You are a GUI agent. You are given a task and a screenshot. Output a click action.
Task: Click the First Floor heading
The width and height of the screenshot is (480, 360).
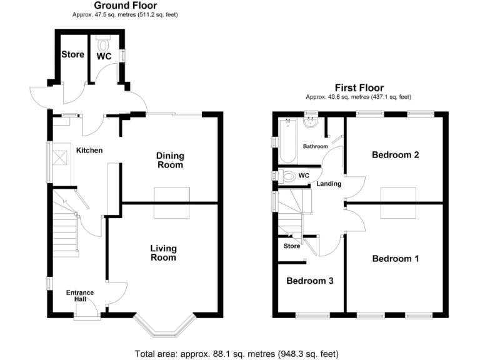coord(359,88)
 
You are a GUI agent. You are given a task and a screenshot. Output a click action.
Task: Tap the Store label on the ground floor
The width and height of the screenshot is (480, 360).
coord(72,54)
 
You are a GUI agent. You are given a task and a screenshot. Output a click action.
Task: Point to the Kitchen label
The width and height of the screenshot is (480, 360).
coord(89,151)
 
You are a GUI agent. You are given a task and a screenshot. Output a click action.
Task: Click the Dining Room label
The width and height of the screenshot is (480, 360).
coord(169,161)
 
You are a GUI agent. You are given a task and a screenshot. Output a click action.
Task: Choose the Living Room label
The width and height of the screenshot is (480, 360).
coord(163,252)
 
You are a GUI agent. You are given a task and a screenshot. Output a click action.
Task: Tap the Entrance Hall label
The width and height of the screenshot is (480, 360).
coord(80,296)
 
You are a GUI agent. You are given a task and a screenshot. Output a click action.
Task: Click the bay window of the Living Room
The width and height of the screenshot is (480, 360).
coord(164,326)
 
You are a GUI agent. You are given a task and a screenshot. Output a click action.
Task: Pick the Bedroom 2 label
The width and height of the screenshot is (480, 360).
coord(394,155)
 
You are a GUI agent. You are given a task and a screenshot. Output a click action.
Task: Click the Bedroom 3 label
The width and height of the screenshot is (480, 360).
coord(309,281)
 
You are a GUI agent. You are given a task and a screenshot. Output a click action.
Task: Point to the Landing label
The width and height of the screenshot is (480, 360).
coord(329,184)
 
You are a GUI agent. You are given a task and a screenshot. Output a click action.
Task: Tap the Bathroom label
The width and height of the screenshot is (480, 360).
coord(316,146)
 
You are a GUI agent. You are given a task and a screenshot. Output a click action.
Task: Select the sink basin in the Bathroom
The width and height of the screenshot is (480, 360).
coord(311,122)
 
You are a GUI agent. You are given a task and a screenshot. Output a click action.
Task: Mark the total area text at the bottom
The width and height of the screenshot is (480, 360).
coord(237,354)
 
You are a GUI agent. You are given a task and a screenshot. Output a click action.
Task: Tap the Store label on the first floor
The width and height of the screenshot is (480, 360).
coord(292,246)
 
